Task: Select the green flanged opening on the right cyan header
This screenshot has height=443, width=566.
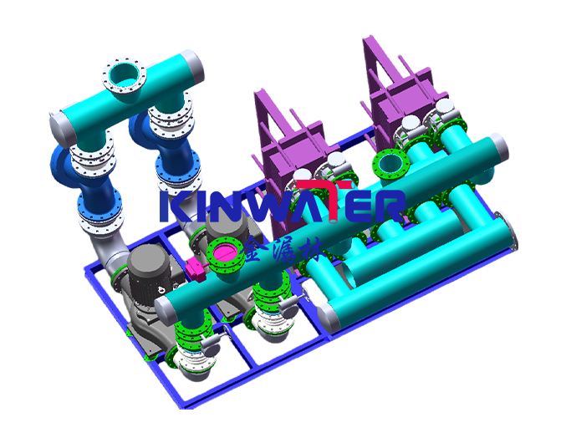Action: pos(389,163)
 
